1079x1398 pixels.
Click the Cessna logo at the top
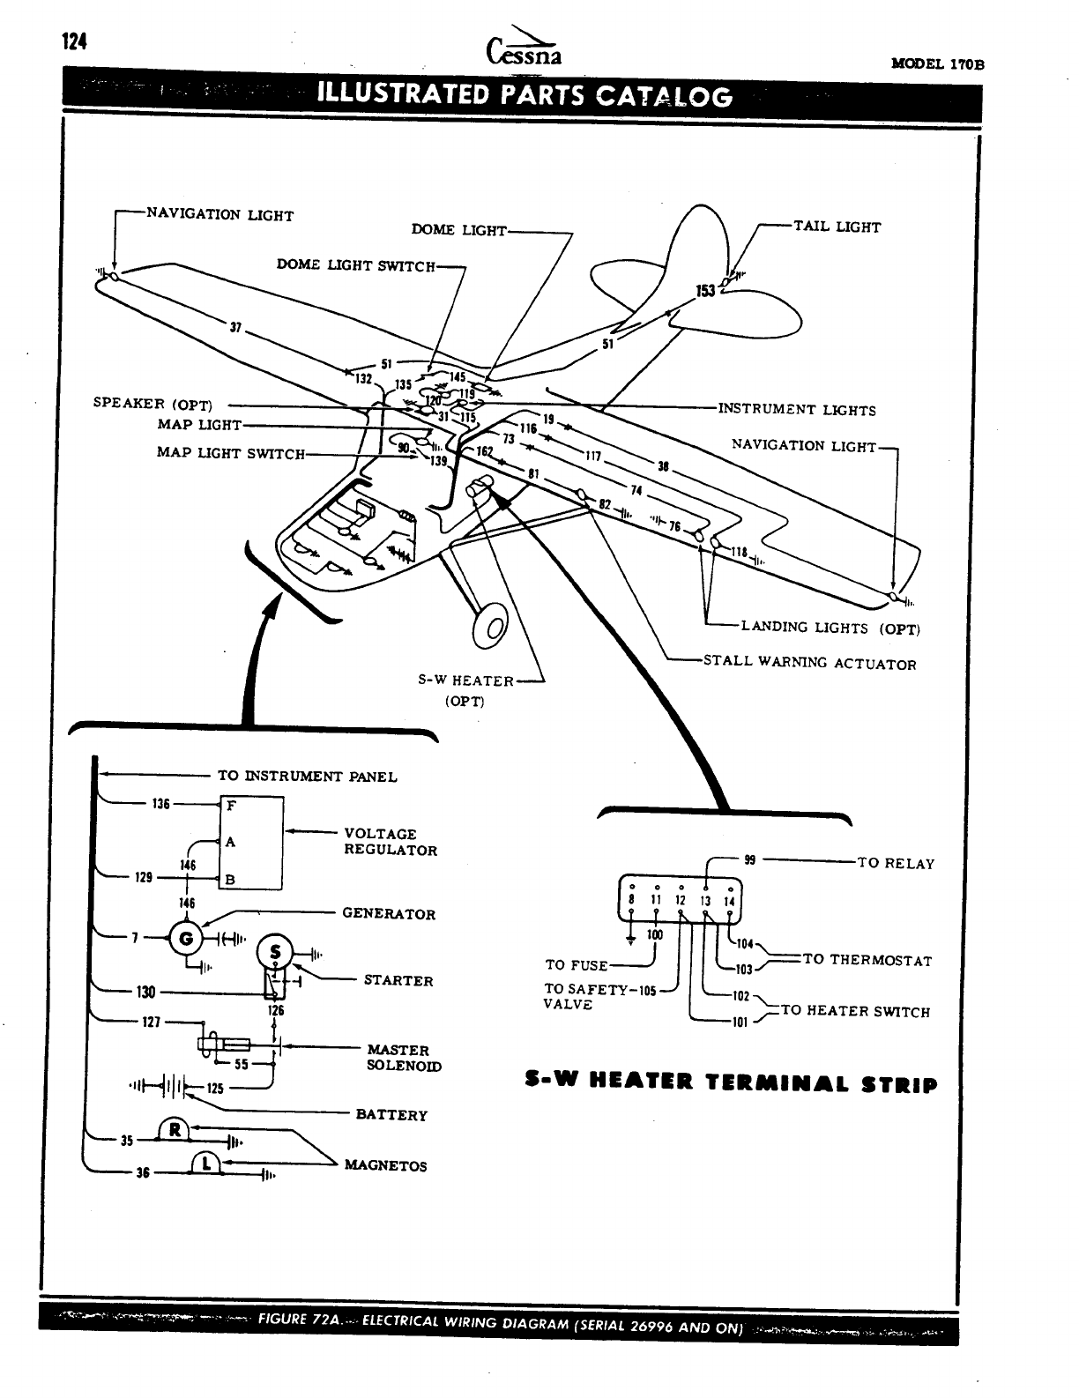pos(523,49)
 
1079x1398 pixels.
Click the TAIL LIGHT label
pos(837,227)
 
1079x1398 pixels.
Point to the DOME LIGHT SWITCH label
pos(356,264)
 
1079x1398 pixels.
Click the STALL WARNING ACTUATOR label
pos(809,664)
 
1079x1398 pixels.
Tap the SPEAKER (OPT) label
pos(153,405)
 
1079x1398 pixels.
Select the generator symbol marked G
pos(186,938)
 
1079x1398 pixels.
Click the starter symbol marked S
pos(274,952)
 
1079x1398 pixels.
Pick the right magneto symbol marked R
pos(175,1131)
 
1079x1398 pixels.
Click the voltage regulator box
pos(251,843)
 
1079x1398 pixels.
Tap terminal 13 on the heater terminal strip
pos(705,901)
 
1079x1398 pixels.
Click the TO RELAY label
pos(896,863)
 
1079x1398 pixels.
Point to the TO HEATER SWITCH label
pos(855,1011)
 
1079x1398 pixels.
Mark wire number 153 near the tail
pos(705,291)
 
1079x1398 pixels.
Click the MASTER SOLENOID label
pos(404,1058)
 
